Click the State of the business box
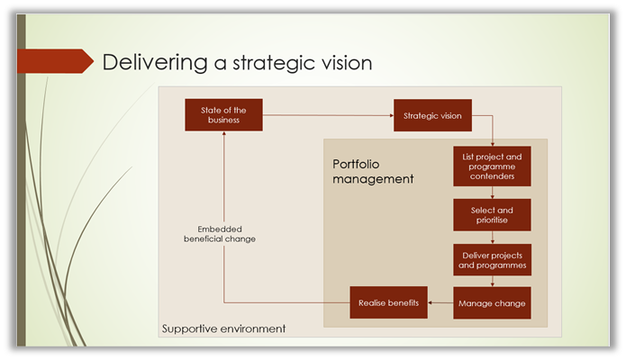pos(223,115)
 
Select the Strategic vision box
pos(432,115)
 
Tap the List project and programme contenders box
pos(492,166)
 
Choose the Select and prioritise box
pos(492,215)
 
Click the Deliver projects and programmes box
pos(492,260)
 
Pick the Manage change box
pos(492,303)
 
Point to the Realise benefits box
pos(388,302)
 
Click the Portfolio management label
pos(373,172)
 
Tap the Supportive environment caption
pos(223,328)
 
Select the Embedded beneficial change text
pos(220,234)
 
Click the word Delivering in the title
pos(155,63)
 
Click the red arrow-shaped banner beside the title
pos(55,61)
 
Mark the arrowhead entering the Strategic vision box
pos(392,115)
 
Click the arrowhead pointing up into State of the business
pos(224,133)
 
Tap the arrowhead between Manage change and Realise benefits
pos(430,303)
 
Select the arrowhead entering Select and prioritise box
pos(493,197)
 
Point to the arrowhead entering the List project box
pos(493,144)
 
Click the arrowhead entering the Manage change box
pos(493,284)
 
